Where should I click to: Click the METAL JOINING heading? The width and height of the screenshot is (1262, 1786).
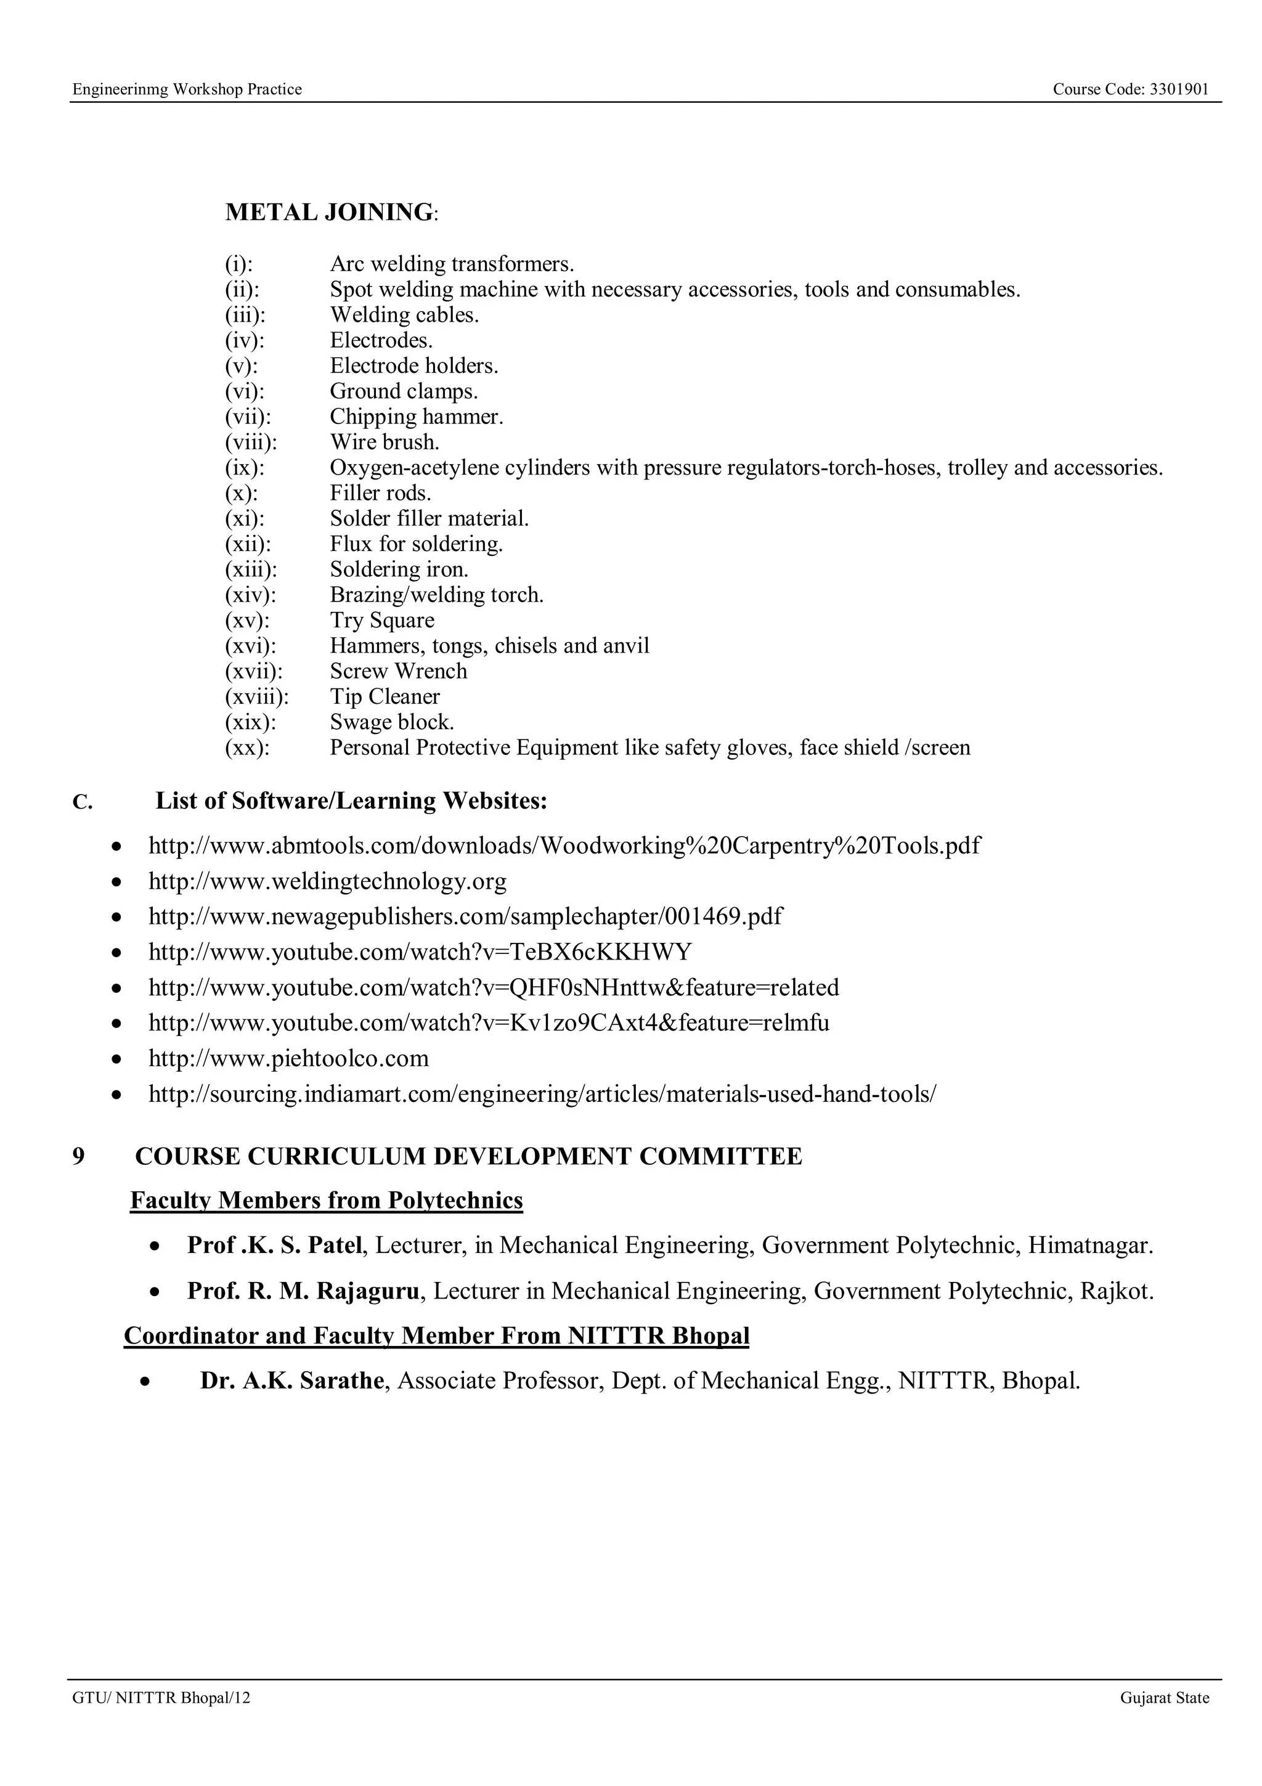click(329, 213)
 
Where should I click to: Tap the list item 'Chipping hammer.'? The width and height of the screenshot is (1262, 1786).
click(416, 417)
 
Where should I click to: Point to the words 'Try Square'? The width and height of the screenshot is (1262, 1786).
click(382, 621)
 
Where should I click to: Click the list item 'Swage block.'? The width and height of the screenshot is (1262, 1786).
click(392, 723)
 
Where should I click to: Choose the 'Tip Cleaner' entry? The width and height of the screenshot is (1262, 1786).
click(385, 697)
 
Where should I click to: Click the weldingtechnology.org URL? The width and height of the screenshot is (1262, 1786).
click(327, 881)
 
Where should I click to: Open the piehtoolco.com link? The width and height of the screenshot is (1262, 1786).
click(288, 1059)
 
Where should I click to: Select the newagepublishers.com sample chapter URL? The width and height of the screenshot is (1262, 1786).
click(465, 916)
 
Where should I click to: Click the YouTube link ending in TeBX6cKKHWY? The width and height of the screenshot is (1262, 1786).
click(420, 952)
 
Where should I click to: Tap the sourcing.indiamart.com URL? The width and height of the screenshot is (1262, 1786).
click(542, 1095)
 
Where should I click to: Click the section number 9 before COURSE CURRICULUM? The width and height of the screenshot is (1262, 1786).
click(78, 1157)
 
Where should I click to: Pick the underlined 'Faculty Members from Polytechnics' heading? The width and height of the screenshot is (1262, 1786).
click(327, 1201)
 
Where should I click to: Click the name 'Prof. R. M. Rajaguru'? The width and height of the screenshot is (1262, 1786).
click(303, 1291)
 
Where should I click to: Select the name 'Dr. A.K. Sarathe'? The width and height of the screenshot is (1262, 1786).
click(291, 1380)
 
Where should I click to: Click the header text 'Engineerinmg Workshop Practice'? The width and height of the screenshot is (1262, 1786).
click(187, 89)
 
